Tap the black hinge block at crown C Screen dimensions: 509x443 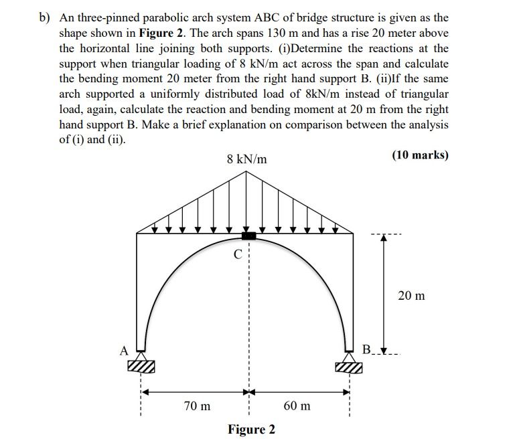point(248,235)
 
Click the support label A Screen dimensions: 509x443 point(123,349)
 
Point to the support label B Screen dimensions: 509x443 point(365,349)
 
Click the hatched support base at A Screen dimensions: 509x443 point(141,367)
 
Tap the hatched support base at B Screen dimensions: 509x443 point(349,367)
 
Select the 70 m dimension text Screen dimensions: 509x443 point(196,406)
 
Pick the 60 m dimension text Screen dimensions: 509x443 point(297,406)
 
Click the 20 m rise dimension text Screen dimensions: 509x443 point(411,295)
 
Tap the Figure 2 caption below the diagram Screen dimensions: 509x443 point(251,429)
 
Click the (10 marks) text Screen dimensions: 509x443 point(419,155)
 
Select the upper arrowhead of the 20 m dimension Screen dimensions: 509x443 point(383,243)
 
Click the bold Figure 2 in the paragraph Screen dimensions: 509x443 point(161,33)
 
